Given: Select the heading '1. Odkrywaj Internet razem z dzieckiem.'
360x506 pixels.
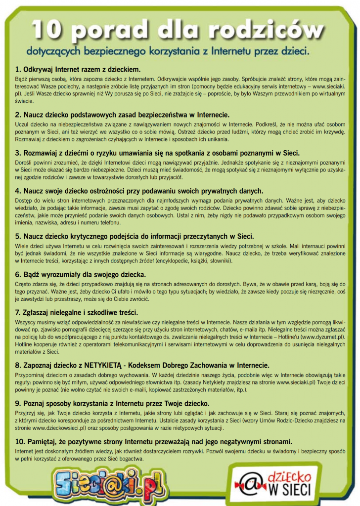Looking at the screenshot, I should pos(78,69).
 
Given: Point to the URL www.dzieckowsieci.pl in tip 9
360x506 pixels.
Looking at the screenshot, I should pos(58,427).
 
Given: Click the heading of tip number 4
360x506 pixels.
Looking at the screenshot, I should pos(139,191).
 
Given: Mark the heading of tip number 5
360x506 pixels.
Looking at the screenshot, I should pos(135,236).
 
